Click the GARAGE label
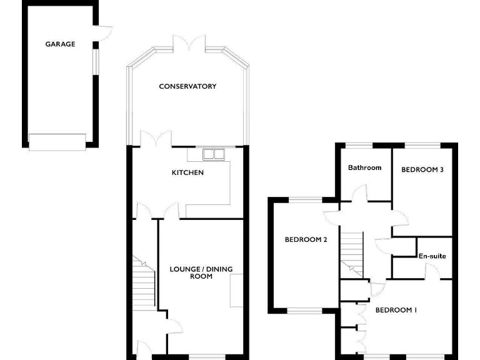(x=60, y=44)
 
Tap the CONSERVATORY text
(x=187, y=86)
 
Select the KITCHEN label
(x=188, y=172)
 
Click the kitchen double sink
(x=214, y=153)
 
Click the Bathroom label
(x=364, y=167)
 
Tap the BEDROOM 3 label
(x=422, y=169)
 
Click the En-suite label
(x=432, y=256)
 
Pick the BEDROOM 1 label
(x=396, y=310)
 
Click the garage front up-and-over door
(x=57, y=142)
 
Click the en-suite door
(x=431, y=269)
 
